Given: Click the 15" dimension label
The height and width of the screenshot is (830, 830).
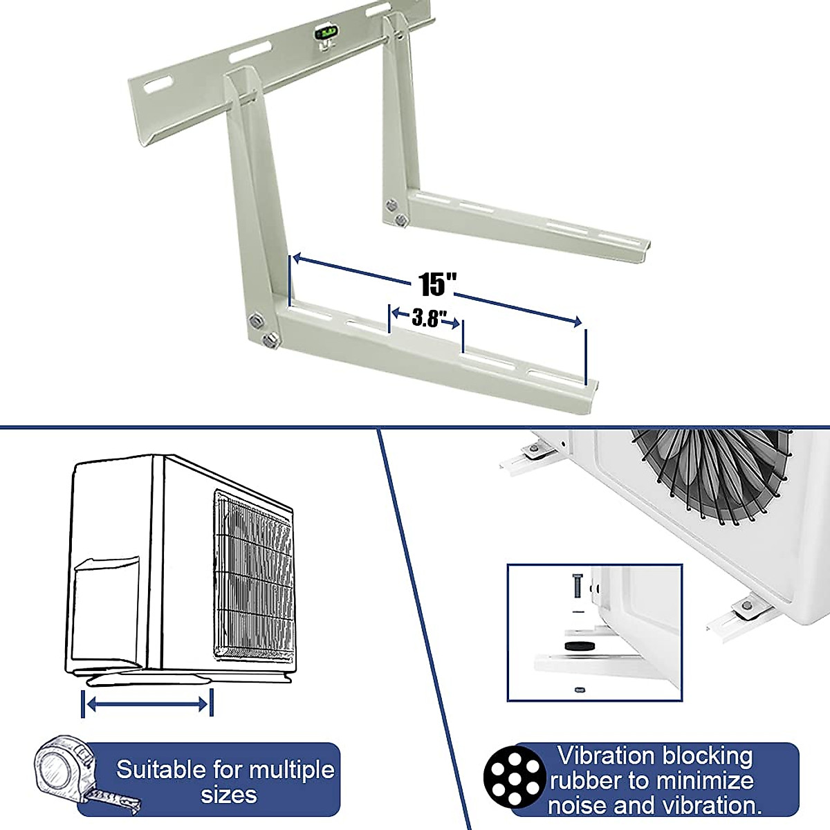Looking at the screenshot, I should [x=437, y=284].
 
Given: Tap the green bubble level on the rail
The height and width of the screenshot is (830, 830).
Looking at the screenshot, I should [x=323, y=33].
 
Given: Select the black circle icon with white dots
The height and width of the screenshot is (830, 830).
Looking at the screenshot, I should [x=515, y=777].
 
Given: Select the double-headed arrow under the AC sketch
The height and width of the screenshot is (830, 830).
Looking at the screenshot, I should [x=147, y=704].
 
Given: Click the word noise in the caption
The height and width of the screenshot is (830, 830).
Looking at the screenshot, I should [x=580, y=805].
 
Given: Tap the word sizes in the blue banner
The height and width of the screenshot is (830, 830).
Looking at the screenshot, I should [x=228, y=795].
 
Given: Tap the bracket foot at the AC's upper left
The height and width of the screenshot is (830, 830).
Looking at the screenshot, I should [x=529, y=453].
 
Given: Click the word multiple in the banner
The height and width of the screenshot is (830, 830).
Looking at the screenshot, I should [x=291, y=769].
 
